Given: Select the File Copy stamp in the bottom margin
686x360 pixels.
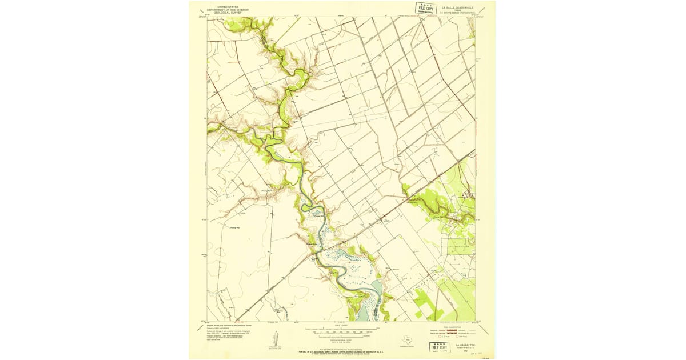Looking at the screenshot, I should pyautogui.click(x=440, y=347).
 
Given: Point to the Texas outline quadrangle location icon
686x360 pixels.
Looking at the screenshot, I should pyautogui.click(x=407, y=338).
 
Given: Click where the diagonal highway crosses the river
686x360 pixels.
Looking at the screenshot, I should pyautogui.click(x=321, y=250).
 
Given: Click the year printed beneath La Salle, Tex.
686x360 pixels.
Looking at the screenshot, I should pyautogui.click(x=465, y=349).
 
